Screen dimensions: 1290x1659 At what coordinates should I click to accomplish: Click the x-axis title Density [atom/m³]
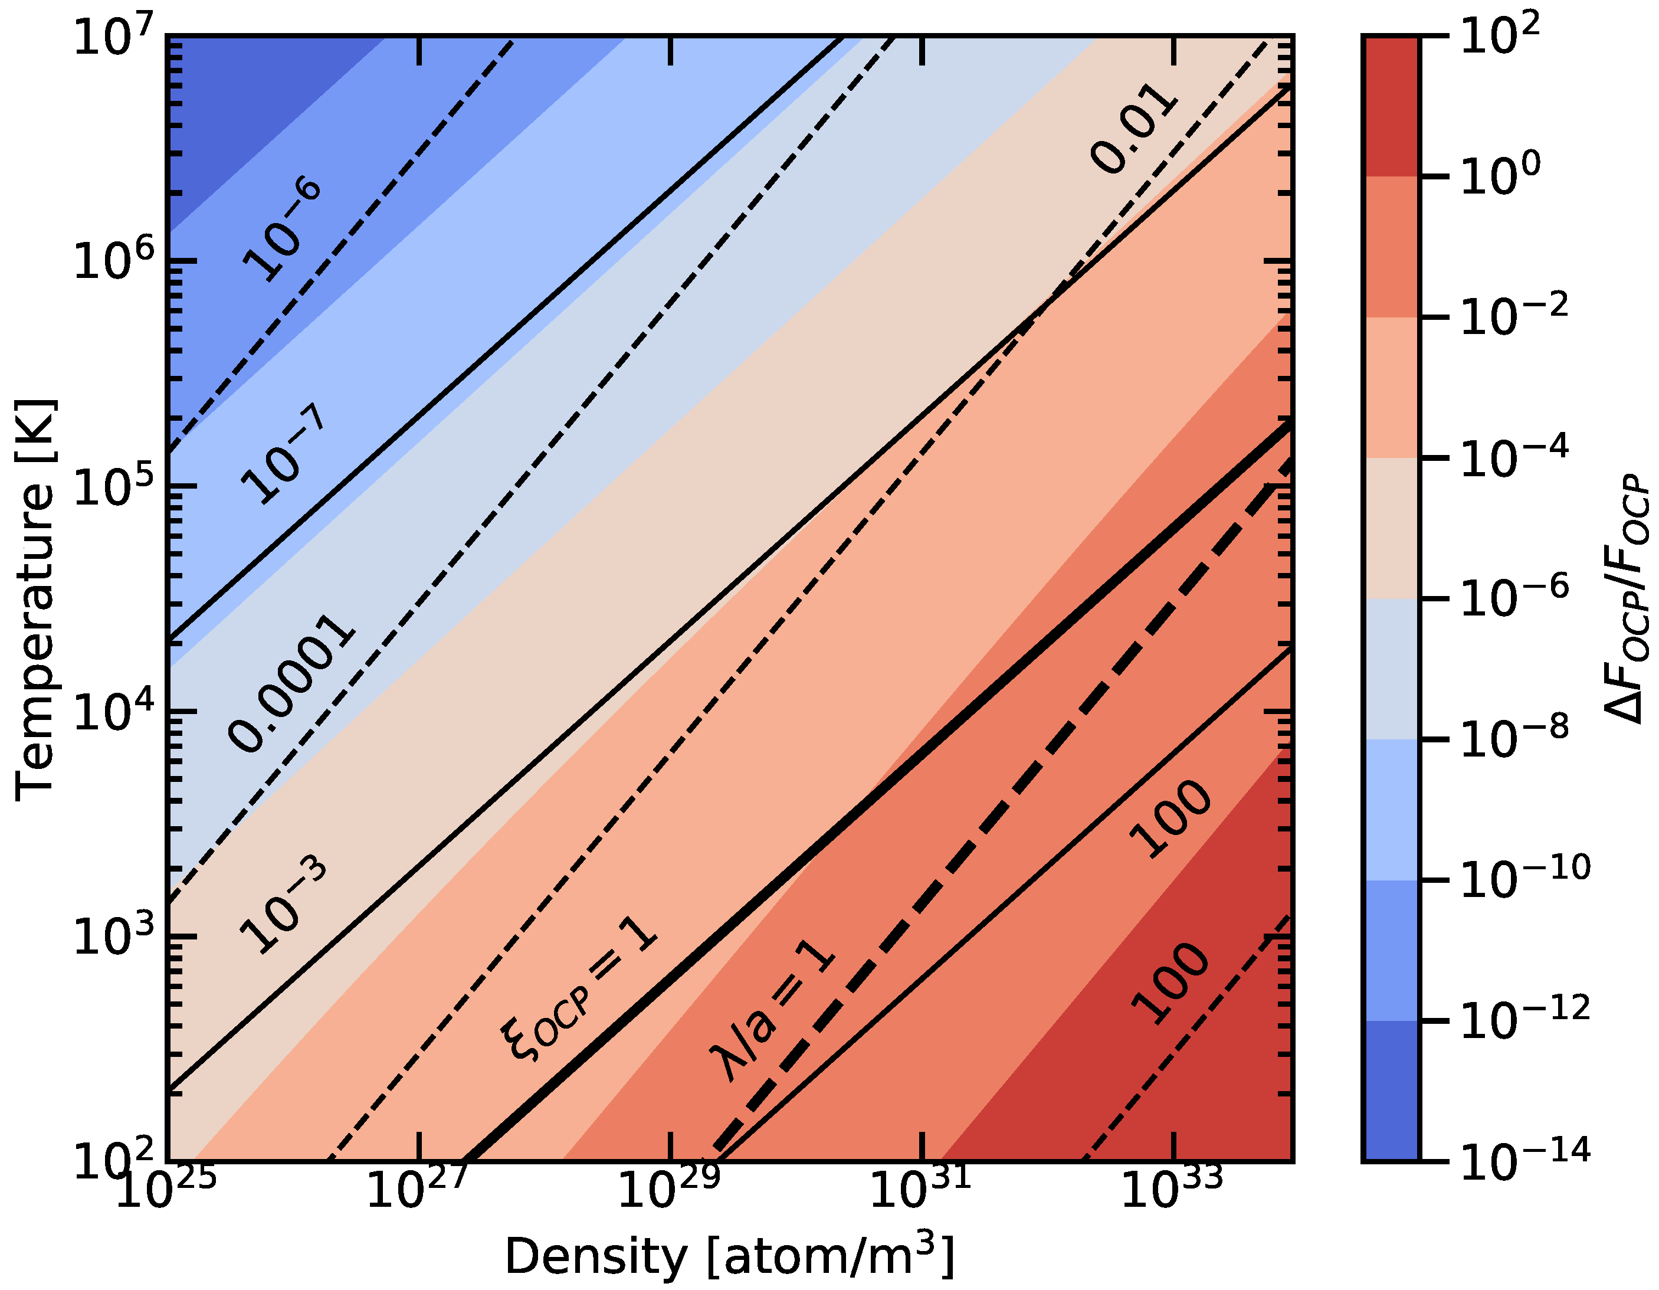tap(729, 1256)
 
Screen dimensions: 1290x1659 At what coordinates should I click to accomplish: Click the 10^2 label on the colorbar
tap(1500, 37)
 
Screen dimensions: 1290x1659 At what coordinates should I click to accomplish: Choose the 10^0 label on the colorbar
tap(1500, 178)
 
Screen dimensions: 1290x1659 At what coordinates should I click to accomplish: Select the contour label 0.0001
tap(291, 685)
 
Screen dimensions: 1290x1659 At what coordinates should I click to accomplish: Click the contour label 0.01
tap(1134, 127)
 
